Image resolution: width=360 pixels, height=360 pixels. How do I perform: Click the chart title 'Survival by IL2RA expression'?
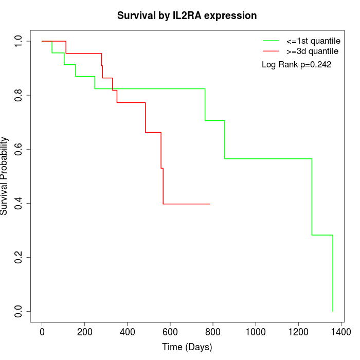[187, 15]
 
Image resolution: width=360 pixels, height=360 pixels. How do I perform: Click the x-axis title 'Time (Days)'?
[187, 347]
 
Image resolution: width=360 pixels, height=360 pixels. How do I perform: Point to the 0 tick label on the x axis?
[42, 332]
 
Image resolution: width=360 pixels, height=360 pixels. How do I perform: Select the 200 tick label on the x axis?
[85, 332]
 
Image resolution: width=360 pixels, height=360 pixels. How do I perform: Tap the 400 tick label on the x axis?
[128, 332]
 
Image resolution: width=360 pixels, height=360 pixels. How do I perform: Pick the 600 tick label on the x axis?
[170, 332]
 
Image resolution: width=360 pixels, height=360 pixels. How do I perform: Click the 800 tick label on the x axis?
[213, 332]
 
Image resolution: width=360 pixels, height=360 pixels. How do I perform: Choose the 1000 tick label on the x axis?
[256, 332]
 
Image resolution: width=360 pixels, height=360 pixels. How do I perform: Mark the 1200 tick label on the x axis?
[298, 332]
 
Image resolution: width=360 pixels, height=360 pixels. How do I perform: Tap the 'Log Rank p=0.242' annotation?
[297, 65]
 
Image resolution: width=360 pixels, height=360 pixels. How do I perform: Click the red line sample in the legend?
[271, 51]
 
